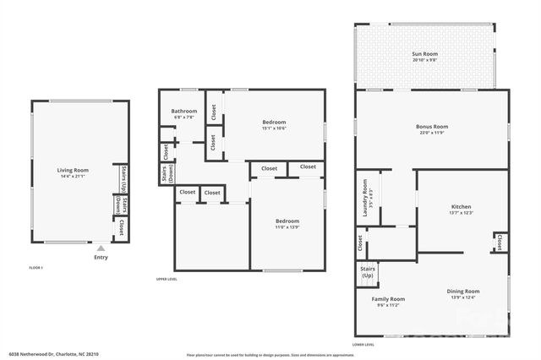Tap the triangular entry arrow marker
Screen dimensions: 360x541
point(101,248)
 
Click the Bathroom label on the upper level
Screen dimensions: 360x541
point(183,112)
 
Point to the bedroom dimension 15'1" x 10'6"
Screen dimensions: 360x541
point(274,128)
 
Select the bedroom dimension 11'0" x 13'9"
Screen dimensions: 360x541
point(287,227)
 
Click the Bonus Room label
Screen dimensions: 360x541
point(431,127)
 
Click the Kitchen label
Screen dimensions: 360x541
point(461,207)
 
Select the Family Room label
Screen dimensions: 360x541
point(388,299)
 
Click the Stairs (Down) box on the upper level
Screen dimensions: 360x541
point(165,174)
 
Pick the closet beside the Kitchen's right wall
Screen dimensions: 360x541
point(500,243)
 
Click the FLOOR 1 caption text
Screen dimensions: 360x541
point(36,268)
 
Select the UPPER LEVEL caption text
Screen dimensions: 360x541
point(166,280)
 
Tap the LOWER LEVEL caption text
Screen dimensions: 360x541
point(363,344)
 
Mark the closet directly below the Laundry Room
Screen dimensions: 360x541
point(360,243)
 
